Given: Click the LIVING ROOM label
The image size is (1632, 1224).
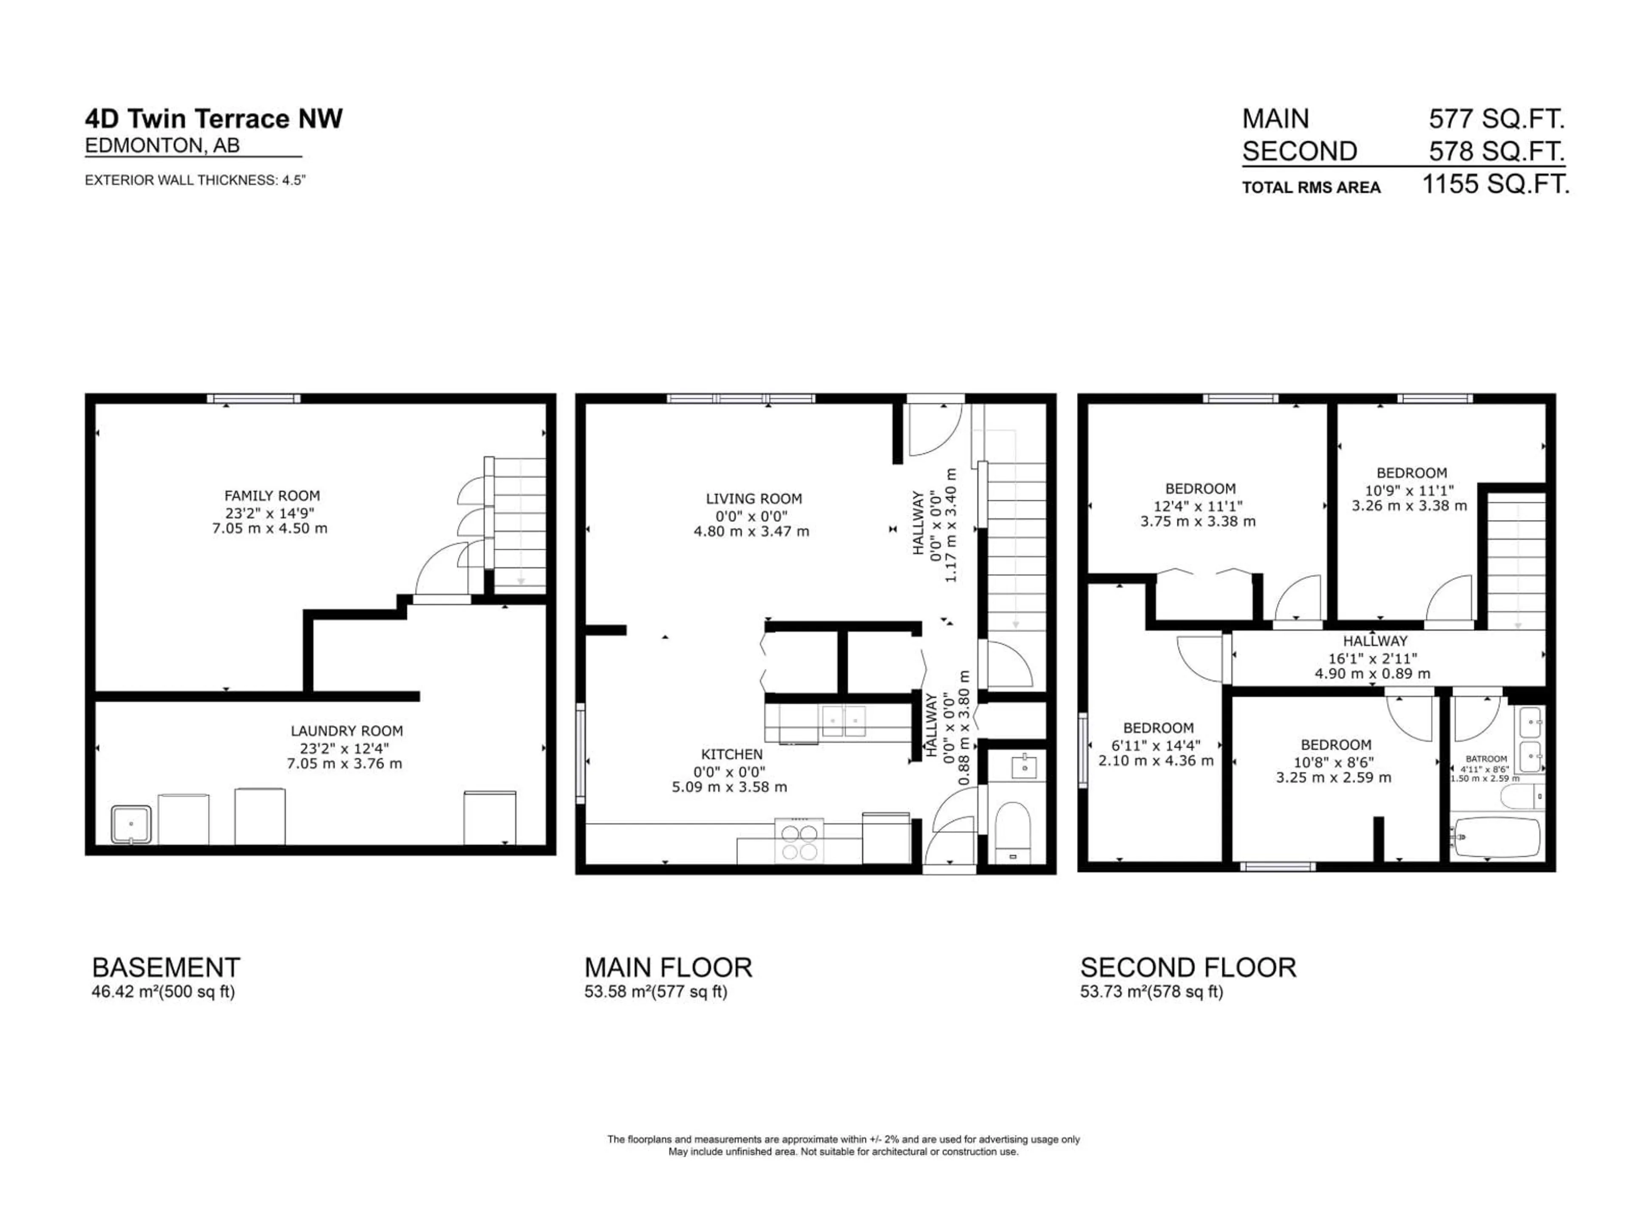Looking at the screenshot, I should coord(753,499).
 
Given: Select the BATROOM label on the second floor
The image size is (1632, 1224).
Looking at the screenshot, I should coord(1486,759).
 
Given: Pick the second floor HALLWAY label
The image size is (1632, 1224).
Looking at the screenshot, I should coord(1374,641).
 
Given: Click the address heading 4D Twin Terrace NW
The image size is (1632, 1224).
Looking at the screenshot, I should coord(214,119).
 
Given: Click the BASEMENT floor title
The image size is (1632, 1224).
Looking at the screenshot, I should coord(166,967).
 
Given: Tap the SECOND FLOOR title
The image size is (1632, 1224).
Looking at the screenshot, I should coord(1188,967).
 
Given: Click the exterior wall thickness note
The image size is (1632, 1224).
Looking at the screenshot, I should coord(195,180).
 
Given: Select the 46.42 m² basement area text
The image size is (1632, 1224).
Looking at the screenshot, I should coord(163,992).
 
